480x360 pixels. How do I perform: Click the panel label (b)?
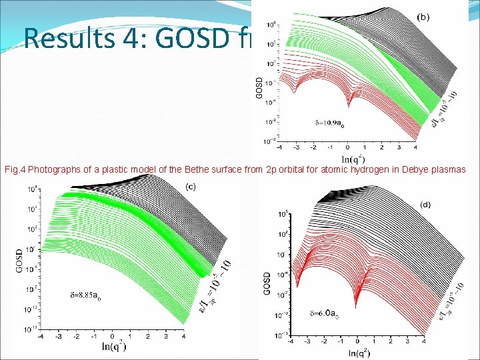422,16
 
